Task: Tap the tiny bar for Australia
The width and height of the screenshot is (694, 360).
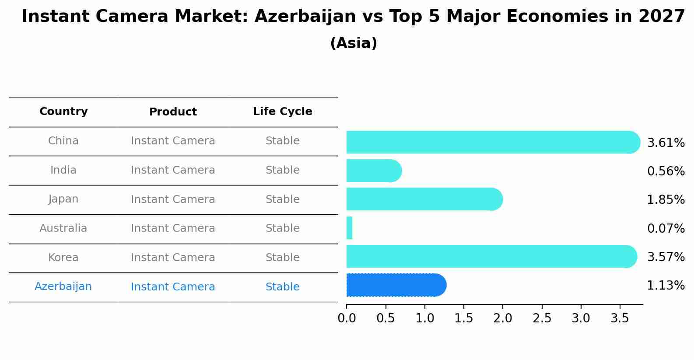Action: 349,228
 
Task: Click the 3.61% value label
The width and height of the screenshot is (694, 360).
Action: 666,143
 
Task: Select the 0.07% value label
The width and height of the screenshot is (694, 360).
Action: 666,228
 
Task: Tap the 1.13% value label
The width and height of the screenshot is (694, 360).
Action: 666,286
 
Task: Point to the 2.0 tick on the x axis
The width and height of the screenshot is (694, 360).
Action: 503,318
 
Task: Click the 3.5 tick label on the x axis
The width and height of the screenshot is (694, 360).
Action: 620,318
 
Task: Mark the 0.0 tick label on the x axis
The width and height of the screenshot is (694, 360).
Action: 347,318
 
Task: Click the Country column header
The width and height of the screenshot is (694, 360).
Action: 63,112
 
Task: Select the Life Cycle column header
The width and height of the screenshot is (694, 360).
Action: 282,112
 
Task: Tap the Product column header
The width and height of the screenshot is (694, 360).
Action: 173,112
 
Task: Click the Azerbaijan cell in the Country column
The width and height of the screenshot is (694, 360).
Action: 63,287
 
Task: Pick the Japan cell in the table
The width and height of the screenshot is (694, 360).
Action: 63,199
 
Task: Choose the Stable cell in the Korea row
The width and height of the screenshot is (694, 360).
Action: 282,258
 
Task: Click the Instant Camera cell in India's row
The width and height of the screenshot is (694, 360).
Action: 173,170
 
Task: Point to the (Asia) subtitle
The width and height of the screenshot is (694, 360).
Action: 354,43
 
